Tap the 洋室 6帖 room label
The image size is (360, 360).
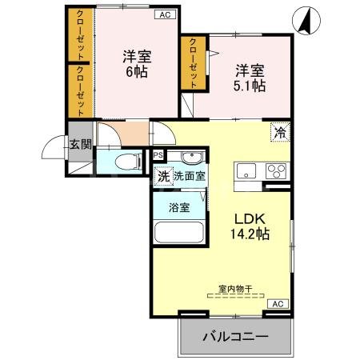pyautogui.click(x=136, y=63)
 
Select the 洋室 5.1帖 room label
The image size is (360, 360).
pyautogui.click(x=249, y=77)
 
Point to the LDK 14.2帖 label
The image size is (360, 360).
pyautogui.click(x=250, y=226)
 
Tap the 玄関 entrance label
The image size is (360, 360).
pyautogui.click(x=79, y=144)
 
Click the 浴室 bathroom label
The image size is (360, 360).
pyautogui.click(x=178, y=208)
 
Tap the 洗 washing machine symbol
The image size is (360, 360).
pyautogui.click(x=162, y=176)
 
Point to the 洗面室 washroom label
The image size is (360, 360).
pyautogui.click(x=190, y=176)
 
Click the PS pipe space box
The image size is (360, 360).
pyautogui.click(x=158, y=155)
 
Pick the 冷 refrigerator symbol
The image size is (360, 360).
pyautogui.click(x=280, y=133)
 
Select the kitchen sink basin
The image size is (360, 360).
pyautogui.click(x=244, y=170)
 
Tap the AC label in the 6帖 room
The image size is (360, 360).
pyautogui.click(x=164, y=14)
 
